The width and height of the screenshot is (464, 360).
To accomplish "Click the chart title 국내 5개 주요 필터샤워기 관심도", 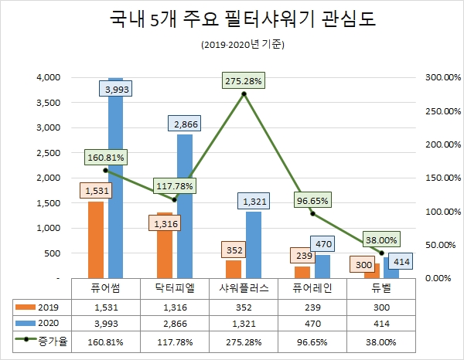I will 231,21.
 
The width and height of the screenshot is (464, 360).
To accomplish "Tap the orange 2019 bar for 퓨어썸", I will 96,239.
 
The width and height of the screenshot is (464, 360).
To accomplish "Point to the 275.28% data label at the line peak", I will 244,81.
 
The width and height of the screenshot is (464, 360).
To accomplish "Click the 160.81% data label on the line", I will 105,157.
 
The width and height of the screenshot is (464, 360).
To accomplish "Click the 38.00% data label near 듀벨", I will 381,239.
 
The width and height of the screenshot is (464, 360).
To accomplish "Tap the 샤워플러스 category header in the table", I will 244,287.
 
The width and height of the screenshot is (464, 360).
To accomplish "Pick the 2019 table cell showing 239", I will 312,307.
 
